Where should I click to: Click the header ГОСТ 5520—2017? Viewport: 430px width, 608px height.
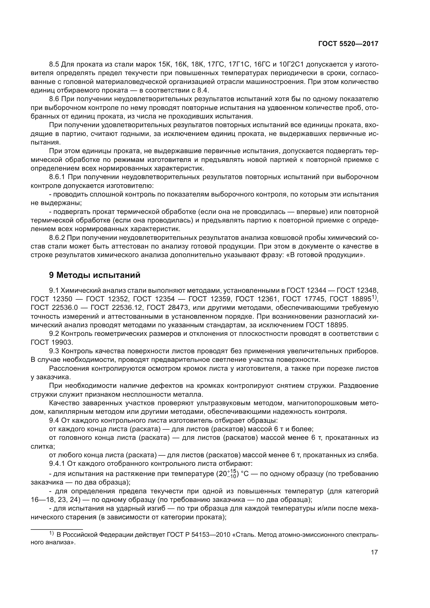click(x=348, y=44)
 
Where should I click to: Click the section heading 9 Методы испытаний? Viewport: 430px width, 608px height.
click(x=95, y=275)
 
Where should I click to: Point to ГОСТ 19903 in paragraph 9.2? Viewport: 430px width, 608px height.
click(x=51, y=342)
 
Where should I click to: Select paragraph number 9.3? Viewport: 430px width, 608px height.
click(x=55, y=351)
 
